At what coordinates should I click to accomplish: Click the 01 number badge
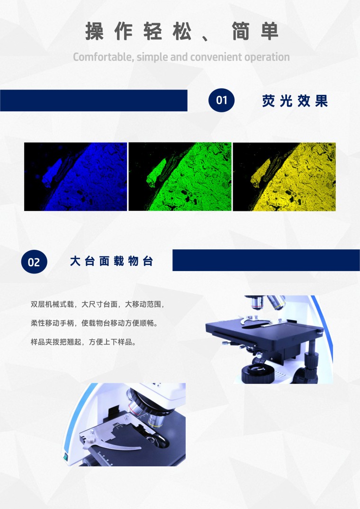tap(222, 100)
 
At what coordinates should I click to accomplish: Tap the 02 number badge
tap(34, 262)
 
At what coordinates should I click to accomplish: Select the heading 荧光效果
tap(295, 101)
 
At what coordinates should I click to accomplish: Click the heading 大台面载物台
tap(111, 261)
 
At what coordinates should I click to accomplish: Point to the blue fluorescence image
tap(76, 177)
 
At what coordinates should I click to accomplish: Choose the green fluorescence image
tap(180, 177)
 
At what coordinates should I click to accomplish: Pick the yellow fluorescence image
tap(284, 177)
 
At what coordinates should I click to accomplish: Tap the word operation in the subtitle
tap(267, 57)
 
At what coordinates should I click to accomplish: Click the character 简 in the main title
tap(240, 31)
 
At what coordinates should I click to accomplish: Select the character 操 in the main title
tap(94, 31)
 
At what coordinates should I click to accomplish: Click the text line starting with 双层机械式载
tap(98, 304)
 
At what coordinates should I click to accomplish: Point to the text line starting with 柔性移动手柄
tap(94, 323)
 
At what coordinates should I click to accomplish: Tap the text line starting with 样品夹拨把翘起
tap(83, 342)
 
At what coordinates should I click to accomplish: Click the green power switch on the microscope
tap(65, 457)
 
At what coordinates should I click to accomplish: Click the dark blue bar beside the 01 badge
tap(94, 100)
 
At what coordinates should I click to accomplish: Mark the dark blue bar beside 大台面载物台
tap(266, 260)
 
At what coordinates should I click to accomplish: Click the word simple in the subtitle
tap(153, 57)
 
